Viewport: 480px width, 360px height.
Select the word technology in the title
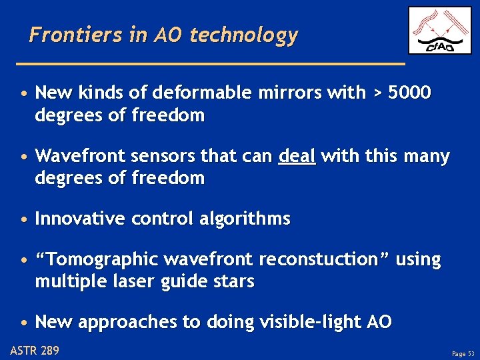(243, 35)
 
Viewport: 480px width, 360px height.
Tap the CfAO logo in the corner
(439, 31)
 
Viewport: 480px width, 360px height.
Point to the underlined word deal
(297, 157)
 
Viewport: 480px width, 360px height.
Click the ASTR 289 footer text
(35, 349)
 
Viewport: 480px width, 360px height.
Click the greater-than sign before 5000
(377, 93)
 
